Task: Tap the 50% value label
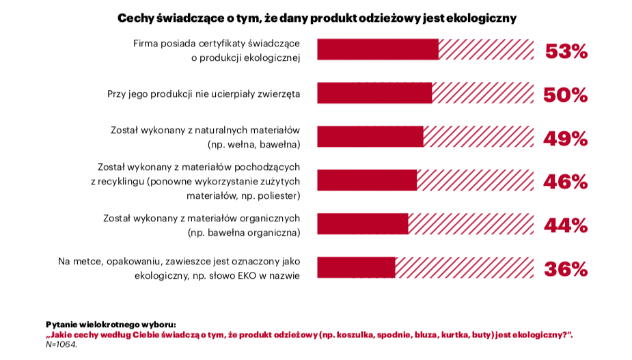pos(566,95)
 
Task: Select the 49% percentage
pos(566,139)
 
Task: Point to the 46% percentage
pos(566,182)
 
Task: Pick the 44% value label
pos(566,225)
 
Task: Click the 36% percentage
pos(566,269)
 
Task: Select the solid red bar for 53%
pos(378,50)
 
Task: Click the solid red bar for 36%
pos(356,267)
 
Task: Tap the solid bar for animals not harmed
pos(374,93)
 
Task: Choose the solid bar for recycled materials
pos(367,180)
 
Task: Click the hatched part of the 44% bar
pos(471,224)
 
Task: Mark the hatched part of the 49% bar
pos(478,137)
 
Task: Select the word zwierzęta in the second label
pos(279,94)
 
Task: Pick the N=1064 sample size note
pos(61,345)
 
